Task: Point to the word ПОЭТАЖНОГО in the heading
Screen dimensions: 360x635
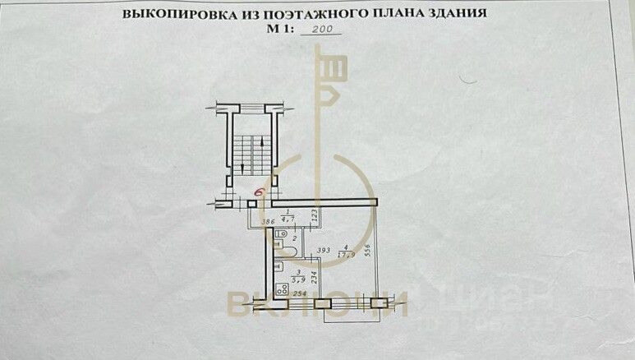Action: point(302,14)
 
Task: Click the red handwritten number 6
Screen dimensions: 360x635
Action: point(260,192)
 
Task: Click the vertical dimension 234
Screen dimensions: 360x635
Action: point(313,277)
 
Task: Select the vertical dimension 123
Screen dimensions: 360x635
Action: point(315,218)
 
